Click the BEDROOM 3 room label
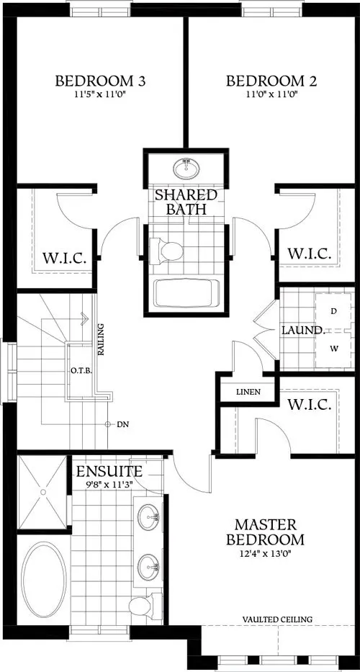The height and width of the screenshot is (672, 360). [100, 81]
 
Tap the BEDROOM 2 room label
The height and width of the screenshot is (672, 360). [262, 81]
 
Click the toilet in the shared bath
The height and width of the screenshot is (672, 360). [170, 251]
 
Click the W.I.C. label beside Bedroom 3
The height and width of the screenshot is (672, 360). [64, 257]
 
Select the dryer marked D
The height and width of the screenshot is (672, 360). [333, 311]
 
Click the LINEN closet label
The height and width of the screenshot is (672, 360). [248, 393]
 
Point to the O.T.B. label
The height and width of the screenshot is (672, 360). [80, 371]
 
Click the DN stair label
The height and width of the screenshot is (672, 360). [122, 424]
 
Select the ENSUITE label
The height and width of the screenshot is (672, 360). [109, 472]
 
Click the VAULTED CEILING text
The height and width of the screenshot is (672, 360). [277, 619]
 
